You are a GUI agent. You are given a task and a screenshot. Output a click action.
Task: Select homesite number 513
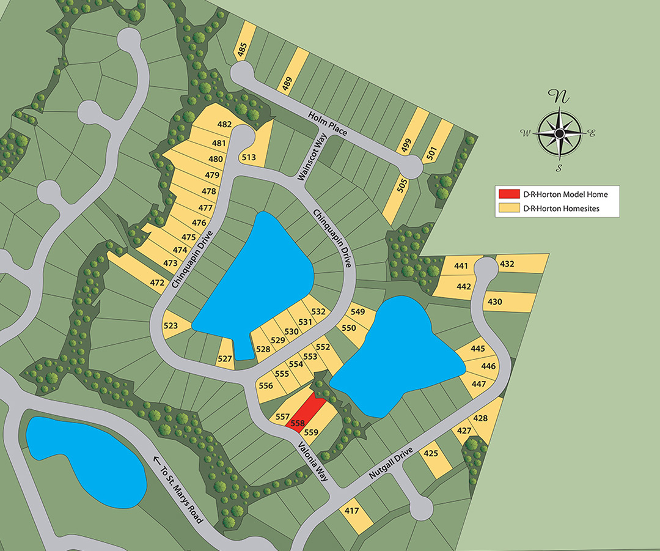point(249,158)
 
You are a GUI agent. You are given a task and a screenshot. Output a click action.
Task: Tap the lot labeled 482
point(224,125)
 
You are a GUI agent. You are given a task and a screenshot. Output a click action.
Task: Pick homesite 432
point(507,264)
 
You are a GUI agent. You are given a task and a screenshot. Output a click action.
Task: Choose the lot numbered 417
point(352,511)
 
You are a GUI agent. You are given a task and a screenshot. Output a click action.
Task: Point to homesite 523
point(170,326)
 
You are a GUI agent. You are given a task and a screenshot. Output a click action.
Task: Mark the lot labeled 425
point(431,453)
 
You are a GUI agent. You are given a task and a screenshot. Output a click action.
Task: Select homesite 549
point(358,312)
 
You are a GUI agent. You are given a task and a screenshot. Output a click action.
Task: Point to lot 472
point(158,283)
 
